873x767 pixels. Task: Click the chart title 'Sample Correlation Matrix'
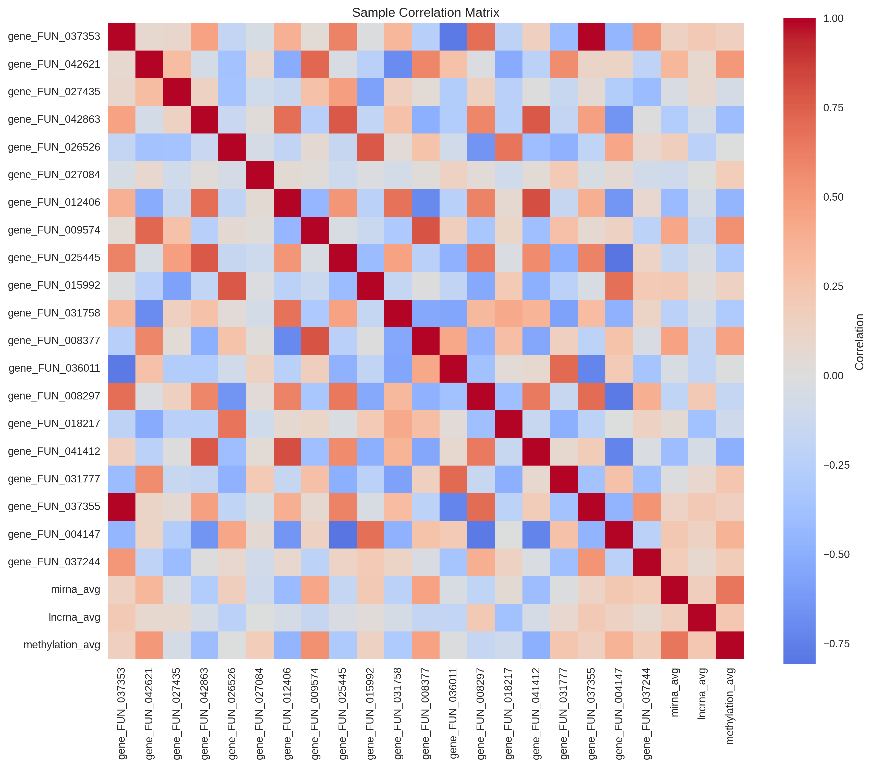(425, 13)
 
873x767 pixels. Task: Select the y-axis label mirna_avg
(75, 590)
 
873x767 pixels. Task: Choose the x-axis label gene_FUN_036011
(453, 714)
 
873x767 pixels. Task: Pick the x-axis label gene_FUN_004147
(619, 714)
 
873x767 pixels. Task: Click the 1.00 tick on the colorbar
(833, 18)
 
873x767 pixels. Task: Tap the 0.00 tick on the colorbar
(833, 376)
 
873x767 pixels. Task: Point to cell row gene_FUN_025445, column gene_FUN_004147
(619, 258)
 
